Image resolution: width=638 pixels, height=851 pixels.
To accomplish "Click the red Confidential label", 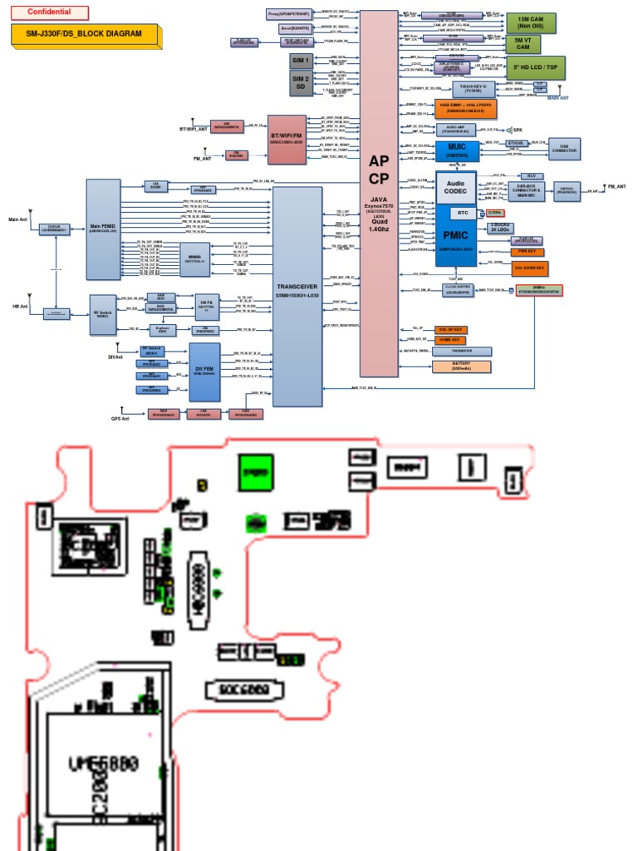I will pyautogui.click(x=49, y=12).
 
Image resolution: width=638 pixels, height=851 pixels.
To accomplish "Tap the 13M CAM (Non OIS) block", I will pyautogui.click(x=531, y=22).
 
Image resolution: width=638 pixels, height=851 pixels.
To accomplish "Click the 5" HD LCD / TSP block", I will pyautogui.click(x=535, y=67).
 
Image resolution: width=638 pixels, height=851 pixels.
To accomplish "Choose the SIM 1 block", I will pyautogui.click(x=299, y=61).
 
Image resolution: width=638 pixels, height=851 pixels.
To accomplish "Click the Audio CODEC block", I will pyautogui.click(x=455, y=186).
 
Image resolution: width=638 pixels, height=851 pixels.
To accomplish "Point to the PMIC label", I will pyautogui.click(x=456, y=238).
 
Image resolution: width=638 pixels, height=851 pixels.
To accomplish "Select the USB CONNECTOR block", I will pyautogui.click(x=564, y=149).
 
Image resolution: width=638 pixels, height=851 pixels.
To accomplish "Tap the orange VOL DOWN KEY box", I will pyautogui.click(x=528, y=268).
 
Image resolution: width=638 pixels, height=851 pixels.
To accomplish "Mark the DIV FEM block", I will pyautogui.click(x=204, y=371).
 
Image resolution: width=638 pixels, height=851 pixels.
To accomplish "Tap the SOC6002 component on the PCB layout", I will pyautogui.click(x=243, y=690).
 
